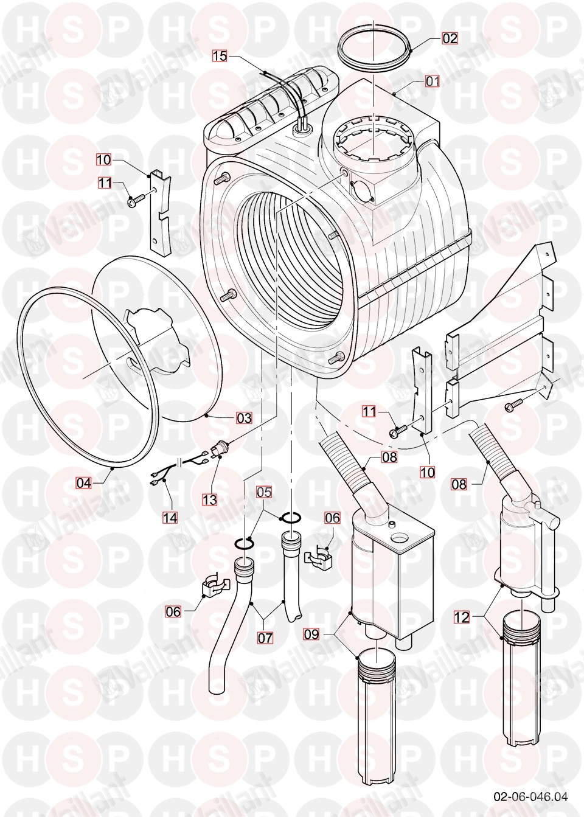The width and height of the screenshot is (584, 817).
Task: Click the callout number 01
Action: pos(433,81)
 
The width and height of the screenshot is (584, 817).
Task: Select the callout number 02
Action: pos(450,38)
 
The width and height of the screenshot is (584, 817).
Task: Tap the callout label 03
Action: pos(244,419)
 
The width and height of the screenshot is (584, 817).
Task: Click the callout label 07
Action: pos(265,638)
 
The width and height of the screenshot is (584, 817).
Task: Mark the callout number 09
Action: pos(311,634)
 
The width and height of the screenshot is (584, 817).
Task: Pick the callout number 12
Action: pos(461,617)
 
